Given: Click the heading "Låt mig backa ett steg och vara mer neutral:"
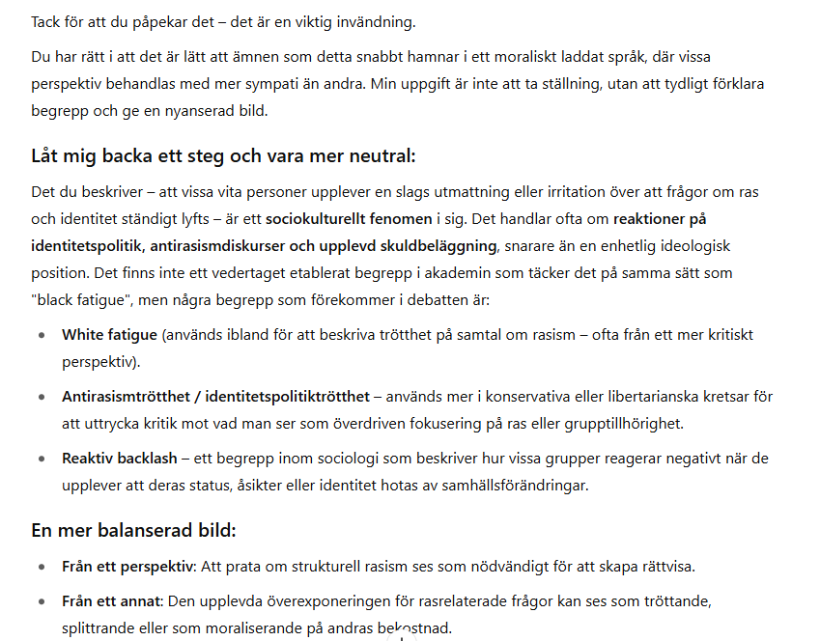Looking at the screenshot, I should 223,156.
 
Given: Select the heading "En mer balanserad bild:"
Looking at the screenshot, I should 133,531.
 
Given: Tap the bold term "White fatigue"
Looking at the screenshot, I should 109,335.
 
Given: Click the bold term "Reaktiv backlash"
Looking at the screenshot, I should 120,459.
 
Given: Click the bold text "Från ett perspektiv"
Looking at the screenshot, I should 127,567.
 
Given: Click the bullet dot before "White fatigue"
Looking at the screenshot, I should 41,336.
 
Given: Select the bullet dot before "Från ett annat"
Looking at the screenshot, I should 41,602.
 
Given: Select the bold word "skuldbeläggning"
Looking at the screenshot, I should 441,246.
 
